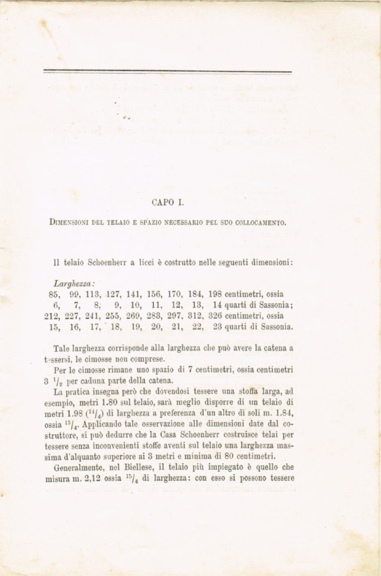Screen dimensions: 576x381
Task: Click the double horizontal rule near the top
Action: pos(167,71)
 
